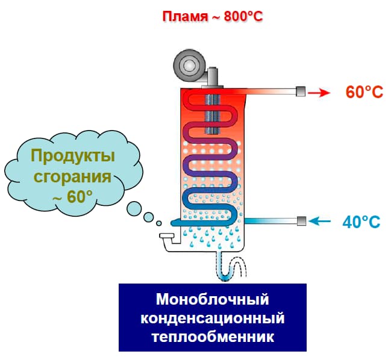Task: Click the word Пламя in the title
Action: point(185,17)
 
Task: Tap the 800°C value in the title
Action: point(243,16)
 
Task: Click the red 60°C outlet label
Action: point(364,92)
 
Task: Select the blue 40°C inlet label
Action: point(361,222)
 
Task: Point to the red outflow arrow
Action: point(319,93)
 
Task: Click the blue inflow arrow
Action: point(320,221)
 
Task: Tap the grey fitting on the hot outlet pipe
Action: point(301,91)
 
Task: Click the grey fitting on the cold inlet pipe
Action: point(301,221)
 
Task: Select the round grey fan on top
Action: point(189,66)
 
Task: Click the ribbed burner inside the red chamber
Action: point(213,114)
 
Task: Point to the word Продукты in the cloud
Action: point(73,156)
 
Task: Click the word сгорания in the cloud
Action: point(72,176)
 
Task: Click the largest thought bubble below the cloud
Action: point(134,209)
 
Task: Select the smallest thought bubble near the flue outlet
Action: point(159,223)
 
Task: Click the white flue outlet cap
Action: point(167,235)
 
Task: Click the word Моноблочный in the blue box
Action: point(213,299)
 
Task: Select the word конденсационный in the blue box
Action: point(213,318)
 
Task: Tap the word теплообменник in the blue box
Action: point(213,337)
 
